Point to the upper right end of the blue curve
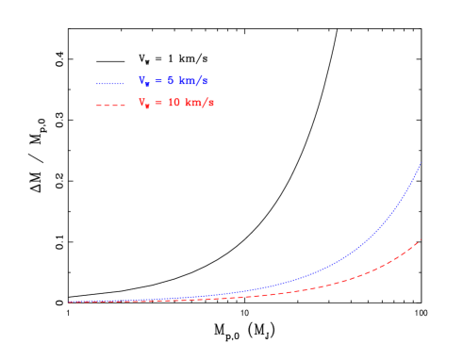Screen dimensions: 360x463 tap(421, 163)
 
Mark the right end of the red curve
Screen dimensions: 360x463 tap(421, 239)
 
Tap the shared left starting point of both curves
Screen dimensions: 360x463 tap(68, 303)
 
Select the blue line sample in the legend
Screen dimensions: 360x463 tap(110, 83)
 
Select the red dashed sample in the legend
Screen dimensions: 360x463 tap(110, 105)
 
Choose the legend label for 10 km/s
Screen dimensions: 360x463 tap(176, 103)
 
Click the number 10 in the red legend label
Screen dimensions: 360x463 tap(173, 103)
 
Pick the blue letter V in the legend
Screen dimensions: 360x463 tap(141, 80)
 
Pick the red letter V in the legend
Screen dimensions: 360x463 tap(141, 102)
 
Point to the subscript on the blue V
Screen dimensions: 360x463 tap(147, 85)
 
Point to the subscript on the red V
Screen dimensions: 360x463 tap(147, 106)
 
